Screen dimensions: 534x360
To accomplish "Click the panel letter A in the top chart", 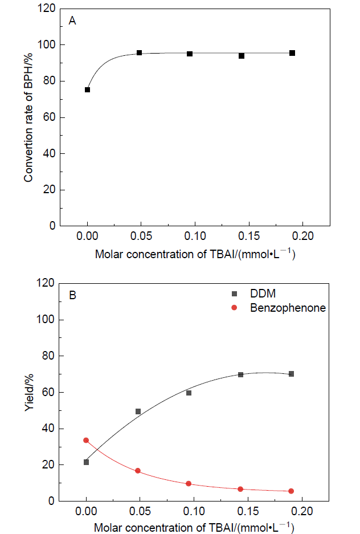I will click(72, 21).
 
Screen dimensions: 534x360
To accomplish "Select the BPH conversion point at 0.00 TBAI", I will click(87, 89).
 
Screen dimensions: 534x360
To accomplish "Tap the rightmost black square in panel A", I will click(292, 53).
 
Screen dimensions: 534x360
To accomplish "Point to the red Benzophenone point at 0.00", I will click(86, 440).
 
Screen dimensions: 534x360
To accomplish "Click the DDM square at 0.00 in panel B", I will click(86, 462).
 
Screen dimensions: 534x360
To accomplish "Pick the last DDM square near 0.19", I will click(292, 374).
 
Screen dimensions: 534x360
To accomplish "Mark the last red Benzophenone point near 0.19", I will click(291, 491).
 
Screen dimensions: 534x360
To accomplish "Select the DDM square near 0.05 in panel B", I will click(138, 411).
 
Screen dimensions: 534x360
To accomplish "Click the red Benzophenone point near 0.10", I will click(189, 483).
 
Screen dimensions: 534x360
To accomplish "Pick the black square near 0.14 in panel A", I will click(242, 56).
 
